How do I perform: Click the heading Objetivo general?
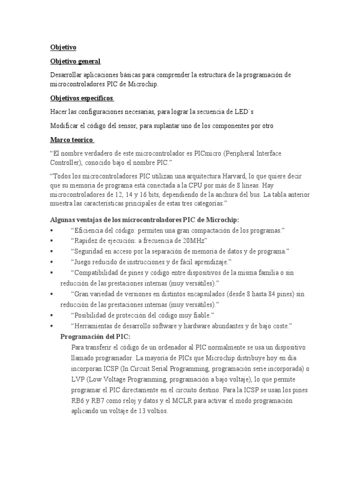pyautogui.click(x=75, y=61)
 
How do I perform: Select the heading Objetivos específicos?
pyautogui.click(x=82, y=98)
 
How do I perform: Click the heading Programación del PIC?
pyautogui.click(x=96, y=337)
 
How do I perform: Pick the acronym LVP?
pyautogui.click(x=79, y=379)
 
